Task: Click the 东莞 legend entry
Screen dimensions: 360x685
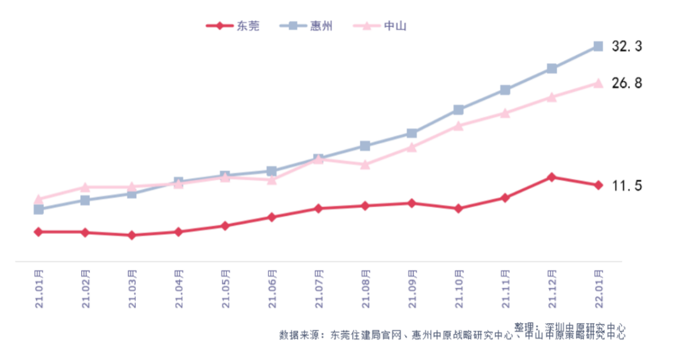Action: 233,26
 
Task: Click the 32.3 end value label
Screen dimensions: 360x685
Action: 627,46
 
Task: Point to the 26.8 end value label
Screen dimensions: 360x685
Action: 627,83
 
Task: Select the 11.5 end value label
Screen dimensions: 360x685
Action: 627,186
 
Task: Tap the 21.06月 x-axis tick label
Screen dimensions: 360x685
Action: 271,288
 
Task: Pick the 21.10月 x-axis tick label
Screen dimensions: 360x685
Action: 458,288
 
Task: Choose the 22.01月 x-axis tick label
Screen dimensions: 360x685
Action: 597,288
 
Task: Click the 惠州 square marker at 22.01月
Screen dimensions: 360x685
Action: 597,46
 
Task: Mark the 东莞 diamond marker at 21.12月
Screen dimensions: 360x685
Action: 551,177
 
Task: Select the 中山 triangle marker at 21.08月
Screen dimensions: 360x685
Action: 365,164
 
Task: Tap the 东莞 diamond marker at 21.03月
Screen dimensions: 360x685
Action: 131,235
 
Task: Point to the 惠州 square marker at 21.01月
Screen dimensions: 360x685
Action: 39,209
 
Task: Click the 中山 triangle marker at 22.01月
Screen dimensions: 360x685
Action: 597,83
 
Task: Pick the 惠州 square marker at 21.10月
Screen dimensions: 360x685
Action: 458,110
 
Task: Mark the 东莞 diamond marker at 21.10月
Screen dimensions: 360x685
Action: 458,208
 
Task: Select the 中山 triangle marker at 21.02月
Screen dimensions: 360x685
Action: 85,187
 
